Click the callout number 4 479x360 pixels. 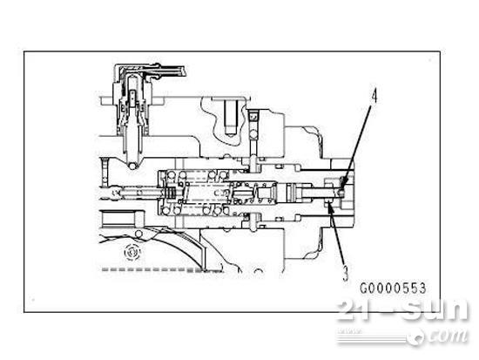(x=374, y=97)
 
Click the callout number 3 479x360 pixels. (x=345, y=273)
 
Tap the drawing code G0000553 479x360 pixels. (x=393, y=289)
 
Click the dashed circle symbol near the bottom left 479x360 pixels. (x=132, y=252)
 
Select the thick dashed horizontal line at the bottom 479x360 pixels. (x=152, y=269)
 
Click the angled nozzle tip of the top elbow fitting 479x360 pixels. (x=182, y=71)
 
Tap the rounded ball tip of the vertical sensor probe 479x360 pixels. (x=132, y=166)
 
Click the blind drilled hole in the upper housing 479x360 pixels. (x=232, y=118)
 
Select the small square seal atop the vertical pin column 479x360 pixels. (x=253, y=117)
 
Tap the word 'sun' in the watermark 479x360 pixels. (x=435, y=309)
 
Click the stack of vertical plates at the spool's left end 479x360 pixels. (x=171, y=193)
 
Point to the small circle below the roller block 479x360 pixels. (x=138, y=234)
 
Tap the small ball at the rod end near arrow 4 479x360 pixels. (x=341, y=193)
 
